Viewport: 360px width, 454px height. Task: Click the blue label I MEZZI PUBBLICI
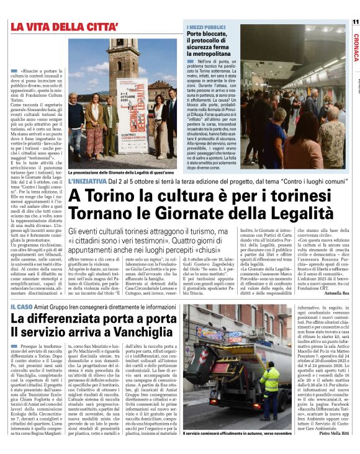pos(207,29)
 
